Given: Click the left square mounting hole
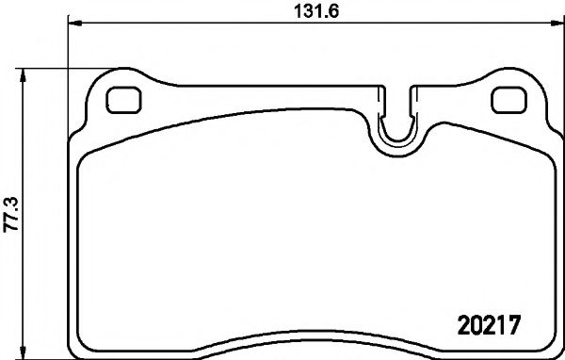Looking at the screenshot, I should tap(121, 99).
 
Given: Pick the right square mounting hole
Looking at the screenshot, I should tap(509, 99).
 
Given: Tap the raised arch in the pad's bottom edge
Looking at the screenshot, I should tap(315, 350).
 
